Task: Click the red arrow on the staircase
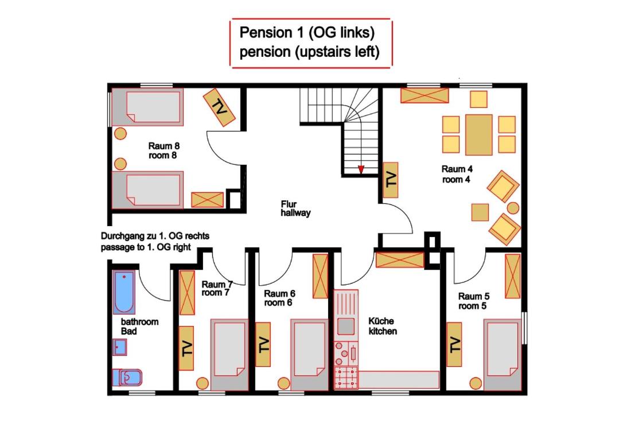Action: [361, 169]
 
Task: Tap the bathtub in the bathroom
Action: [123, 292]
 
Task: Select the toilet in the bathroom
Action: [127, 377]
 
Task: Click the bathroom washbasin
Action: [119, 347]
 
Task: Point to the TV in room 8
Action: [219, 107]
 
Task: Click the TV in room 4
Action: [390, 180]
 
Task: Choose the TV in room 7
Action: [186, 348]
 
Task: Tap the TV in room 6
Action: [263, 344]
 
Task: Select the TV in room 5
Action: [454, 344]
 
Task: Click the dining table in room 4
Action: [478, 135]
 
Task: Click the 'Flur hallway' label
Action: [295, 208]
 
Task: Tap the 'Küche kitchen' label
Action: [383, 326]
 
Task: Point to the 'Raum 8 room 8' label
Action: [163, 150]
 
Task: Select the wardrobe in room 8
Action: [207, 200]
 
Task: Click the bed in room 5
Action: [503, 354]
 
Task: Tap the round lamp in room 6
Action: [283, 383]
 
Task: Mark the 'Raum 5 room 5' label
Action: [473, 301]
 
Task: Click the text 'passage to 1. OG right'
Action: [146, 247]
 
